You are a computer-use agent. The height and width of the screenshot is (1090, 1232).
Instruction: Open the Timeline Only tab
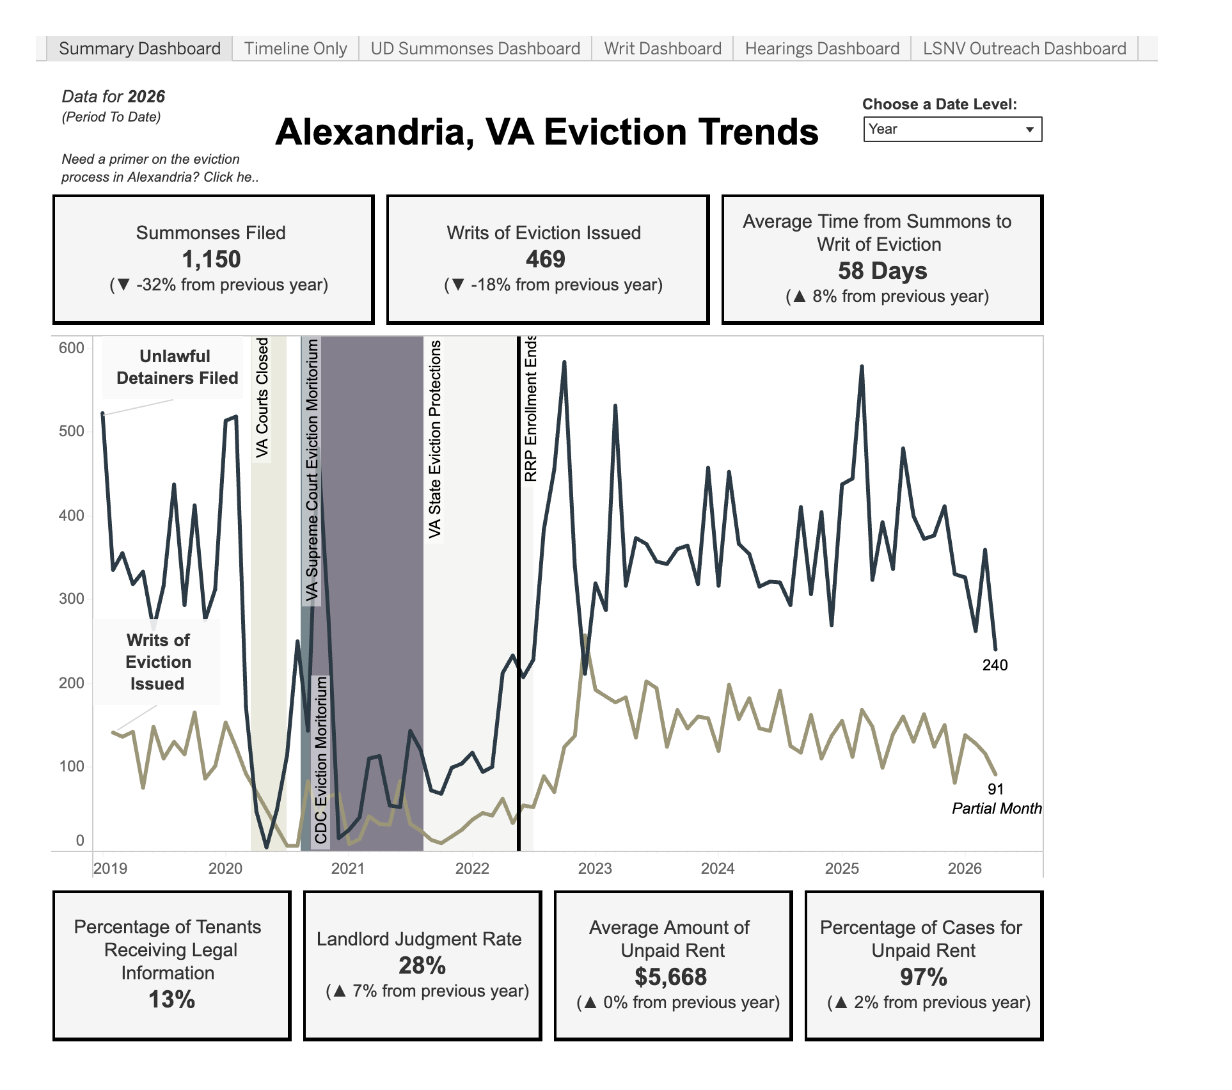click(296, 49)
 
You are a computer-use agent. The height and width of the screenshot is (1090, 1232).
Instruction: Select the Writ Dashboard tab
click(663, 49)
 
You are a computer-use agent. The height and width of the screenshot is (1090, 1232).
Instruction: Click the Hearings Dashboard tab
click(822, 49)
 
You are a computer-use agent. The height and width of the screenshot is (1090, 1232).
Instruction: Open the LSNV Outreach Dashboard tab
click(1025, 49)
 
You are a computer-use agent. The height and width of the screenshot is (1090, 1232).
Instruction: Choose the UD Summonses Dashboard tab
click(475, 49)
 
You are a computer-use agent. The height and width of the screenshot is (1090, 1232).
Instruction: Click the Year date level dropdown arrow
click(1030, 129)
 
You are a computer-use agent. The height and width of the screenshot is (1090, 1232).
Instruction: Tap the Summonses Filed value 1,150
click(211, 259)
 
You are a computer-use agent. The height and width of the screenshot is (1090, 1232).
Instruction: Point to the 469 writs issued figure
click(546, 259)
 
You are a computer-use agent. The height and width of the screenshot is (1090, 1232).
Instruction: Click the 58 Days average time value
click(883, 271)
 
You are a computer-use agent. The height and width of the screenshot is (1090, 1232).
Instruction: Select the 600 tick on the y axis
click(71, 348)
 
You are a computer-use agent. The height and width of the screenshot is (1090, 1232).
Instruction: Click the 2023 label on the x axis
click(595, 868)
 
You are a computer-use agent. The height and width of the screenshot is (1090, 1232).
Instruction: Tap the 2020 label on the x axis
click(225, 868)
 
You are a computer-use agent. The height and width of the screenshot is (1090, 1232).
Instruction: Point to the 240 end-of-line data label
click(995, 665)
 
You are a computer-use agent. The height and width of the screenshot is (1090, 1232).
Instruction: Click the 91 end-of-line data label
click(995, 789)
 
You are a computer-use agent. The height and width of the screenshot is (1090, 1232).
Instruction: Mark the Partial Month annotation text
click(997, 809)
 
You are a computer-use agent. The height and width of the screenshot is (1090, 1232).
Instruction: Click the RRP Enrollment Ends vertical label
click(531, 408)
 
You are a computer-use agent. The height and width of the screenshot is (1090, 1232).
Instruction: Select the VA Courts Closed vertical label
click(262, 398)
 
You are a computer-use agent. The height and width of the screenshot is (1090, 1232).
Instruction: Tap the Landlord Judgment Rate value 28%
click(422, 965)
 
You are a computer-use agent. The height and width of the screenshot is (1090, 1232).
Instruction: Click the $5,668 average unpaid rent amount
click(671, 977)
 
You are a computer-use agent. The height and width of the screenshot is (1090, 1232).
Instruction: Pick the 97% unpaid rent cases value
click(924, 977)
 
